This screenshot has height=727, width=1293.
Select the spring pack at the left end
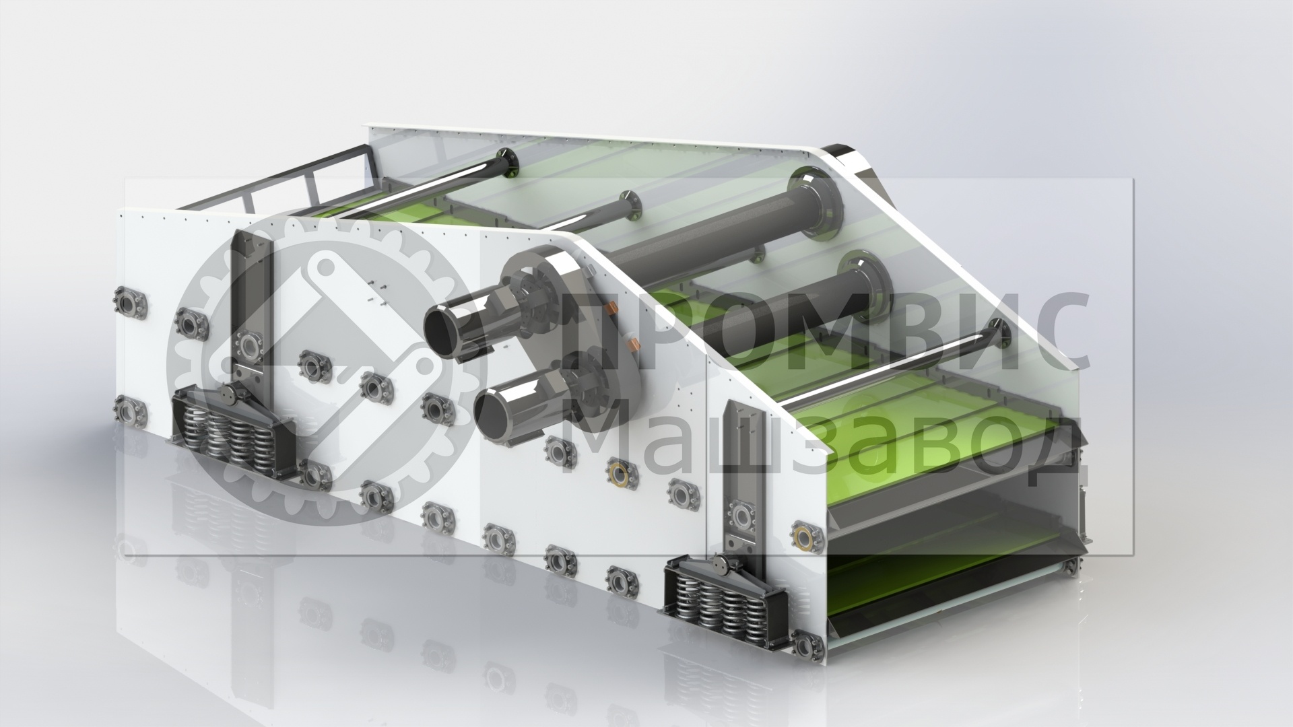click(232, 434)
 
